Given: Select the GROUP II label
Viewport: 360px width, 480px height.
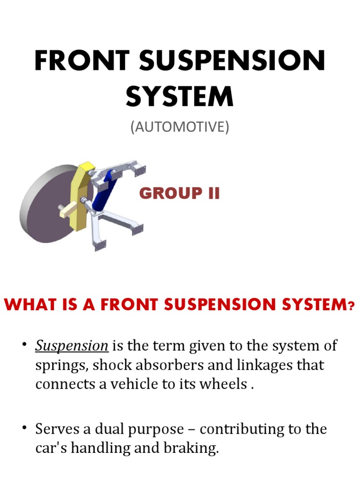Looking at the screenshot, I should click(180, 193).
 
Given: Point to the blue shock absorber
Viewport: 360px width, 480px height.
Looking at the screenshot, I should click(104, 192).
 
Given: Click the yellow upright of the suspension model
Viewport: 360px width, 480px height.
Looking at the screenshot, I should click(80, 197).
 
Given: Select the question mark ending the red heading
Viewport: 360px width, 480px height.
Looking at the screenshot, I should click(351, 306).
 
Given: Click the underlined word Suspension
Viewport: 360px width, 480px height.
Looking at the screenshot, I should click(72, 346).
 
